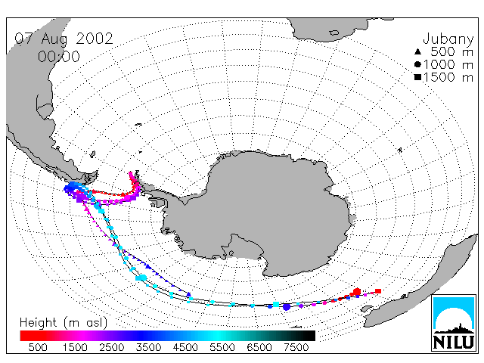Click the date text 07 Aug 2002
pyautogui.click(x=64, y=39)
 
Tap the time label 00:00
pyautogui.click(x=59, y=57)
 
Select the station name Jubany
pyautogui.click(x=448, y=39)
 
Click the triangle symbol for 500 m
pyautogui.click(x=417, y=52)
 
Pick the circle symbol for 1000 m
pyautogui.click(x=417, y=64)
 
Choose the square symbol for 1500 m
pyautogui.click(x=417, y=77)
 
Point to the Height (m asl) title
pyautogui.click(x=64, y=323)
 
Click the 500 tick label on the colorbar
pyautogui.click(x=38, y=347)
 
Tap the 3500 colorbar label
pyautogui.click(x=148, y=347)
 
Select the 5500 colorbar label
pyautogui.click(x=222, y=347)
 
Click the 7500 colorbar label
pyautogui.click(x=296, y=347)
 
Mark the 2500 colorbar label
pyautogui.click(x=112, y=347)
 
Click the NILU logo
pyautogui.click(x=454, y=323)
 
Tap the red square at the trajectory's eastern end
pyautogui.click(x=378, y=290)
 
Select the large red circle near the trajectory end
pyautogui.click(x=357, y=291)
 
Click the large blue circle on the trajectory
pyautogui.click(x=287, y=307)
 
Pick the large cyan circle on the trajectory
pyautogui.click(x=143, y=278)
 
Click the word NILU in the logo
pyautogui.click(x=454, y=342)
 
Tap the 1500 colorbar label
pyautogui.click(x=75, y=347)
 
